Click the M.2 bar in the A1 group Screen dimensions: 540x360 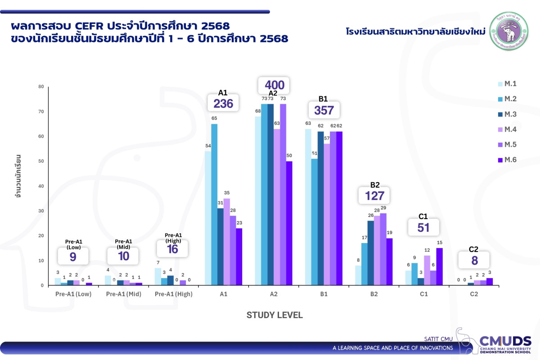214,205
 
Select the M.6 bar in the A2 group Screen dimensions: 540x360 289,223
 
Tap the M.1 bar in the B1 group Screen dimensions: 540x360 308,207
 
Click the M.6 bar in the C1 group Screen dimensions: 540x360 439,266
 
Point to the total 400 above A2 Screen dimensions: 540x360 274,85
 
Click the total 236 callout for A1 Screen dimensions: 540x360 223,103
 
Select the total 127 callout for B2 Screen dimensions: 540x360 374,196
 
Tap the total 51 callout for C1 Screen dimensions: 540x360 423,227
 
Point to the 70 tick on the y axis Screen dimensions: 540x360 41,112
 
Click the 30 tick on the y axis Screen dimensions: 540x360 41,211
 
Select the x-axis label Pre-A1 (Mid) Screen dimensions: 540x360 123,294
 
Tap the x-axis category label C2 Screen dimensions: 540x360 473,294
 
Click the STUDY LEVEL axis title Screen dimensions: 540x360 274,315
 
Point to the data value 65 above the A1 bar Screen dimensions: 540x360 214,118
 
